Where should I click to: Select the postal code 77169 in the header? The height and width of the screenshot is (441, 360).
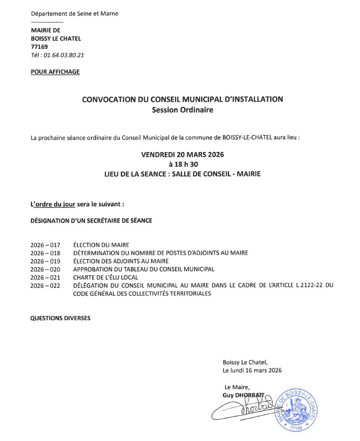[39, 47]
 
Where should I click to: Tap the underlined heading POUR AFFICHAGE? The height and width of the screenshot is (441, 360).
[55, 72]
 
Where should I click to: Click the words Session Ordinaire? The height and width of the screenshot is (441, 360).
[182, 110]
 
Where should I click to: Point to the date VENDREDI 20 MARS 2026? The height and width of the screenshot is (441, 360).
[182, 155]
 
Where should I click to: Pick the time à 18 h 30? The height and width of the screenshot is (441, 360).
[182, 164]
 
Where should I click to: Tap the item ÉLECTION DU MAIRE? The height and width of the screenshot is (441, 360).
[101, 245]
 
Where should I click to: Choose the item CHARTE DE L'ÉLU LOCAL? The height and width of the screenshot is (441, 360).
[106, 278]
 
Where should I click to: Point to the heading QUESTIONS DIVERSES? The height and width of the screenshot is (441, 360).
[60, 318]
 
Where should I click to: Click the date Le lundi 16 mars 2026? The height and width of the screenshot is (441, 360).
[252, 370]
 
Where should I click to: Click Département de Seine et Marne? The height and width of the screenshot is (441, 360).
[74, 13]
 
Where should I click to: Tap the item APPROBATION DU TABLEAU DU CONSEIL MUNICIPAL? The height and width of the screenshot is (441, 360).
[144, 269]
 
